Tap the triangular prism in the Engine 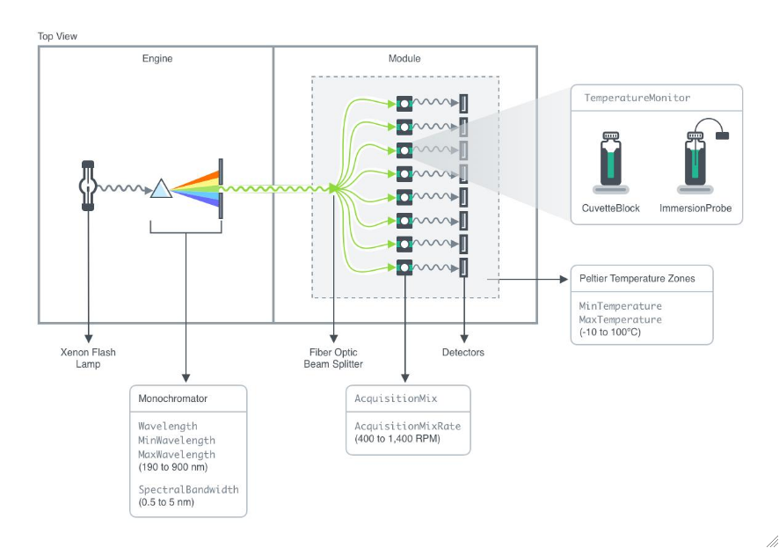161,188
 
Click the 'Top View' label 57,36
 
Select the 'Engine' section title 157,59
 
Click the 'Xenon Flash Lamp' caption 88,358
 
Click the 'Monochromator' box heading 172,398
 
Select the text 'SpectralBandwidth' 188,489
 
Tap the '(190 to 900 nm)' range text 176,467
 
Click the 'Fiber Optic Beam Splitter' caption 332,358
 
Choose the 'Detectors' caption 462,353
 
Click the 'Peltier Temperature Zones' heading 637,278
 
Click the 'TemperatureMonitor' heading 637,98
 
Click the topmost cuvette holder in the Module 404,103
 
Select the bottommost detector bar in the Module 463,266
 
